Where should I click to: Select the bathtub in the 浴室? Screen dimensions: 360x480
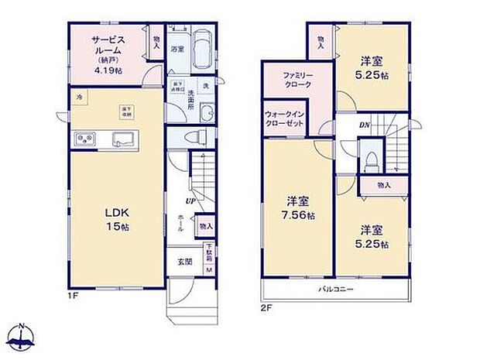coord(204,50)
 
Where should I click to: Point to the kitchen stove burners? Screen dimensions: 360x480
coord(83,140)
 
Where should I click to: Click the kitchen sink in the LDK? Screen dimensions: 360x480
coord(124,139)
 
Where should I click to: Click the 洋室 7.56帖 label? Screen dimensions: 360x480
coord(297,207)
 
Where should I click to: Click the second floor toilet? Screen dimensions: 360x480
coord(372,158)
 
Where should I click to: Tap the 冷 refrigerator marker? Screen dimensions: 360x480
coord(79,97)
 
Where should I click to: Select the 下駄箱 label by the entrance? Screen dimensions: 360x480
coord(208,252)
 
